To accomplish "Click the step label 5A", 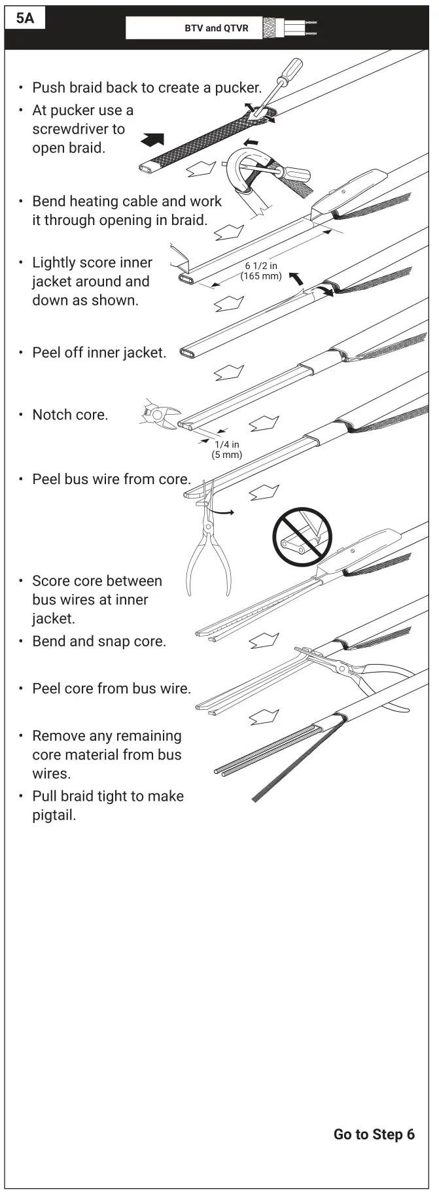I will tap(25, 18).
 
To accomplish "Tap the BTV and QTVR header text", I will tap(216, 28).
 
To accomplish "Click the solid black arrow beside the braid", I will tap(152, 139).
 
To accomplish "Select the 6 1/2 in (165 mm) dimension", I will tap(261, 271).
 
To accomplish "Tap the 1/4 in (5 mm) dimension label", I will tap(226, 449).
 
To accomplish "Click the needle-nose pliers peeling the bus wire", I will tap(208, 550).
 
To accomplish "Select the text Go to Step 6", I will tap(374, 1134).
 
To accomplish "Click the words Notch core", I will tap(70, 415).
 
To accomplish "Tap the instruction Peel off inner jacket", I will tap(99, 353).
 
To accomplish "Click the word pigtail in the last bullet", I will tap(54, 815).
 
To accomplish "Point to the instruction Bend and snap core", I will tap(99, 641).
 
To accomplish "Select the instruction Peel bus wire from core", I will tap(111, 479).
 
